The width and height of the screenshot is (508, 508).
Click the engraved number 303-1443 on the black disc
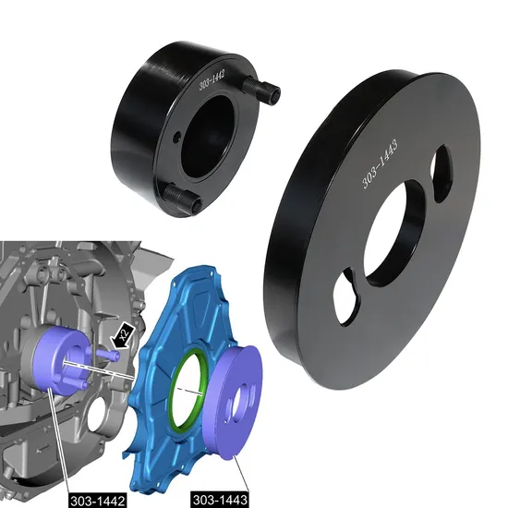point(381,162)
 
